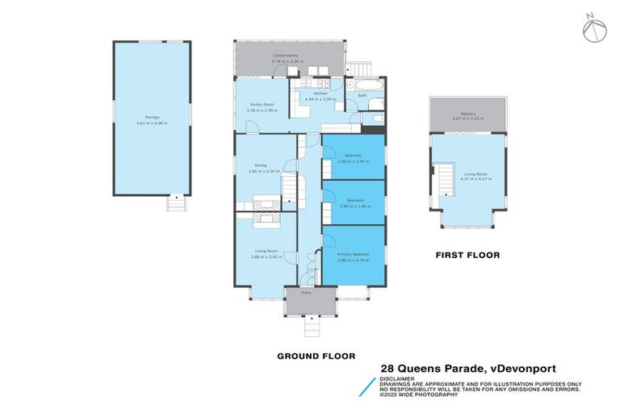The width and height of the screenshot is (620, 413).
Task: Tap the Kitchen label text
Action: tap(321, 94)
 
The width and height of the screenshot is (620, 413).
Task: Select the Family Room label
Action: tap(259, 105)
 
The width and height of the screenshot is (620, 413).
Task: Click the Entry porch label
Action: tap(307, 293)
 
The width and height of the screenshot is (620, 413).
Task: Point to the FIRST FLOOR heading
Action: tap(467, 255)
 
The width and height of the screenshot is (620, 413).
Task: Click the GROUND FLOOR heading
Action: tap(316, 356)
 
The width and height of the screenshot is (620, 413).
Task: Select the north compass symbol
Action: tap(593, 28)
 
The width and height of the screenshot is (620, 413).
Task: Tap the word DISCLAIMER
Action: tap(399, 378)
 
